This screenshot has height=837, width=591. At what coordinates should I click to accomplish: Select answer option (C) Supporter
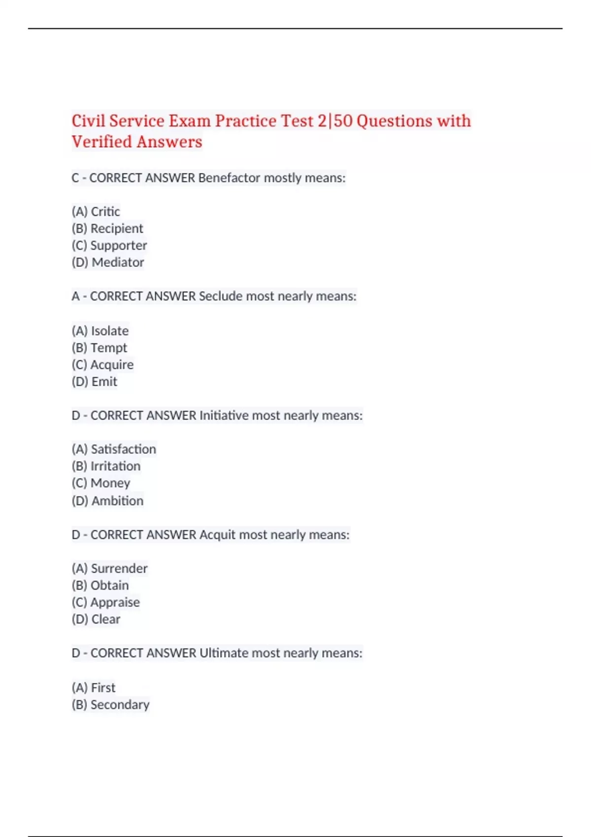(x=109, y=245)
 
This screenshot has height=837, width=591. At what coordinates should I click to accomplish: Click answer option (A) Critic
(x=96, y=212)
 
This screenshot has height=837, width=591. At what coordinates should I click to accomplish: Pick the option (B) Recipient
(x=107, y=228)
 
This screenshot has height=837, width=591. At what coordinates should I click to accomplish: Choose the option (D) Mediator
(x=108, y=262)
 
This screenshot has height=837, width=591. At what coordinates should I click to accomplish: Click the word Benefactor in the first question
(x=229, y=178)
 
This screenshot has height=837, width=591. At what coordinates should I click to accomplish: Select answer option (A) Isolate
(x=100, y=331)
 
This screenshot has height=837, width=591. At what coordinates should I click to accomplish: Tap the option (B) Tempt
(x=99, y=348)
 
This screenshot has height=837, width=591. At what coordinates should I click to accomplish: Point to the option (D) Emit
(x=95, y=382)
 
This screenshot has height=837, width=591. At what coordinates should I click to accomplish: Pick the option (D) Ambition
(x=108, y=501)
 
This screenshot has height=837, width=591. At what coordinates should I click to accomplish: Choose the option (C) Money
(x=101, y=483)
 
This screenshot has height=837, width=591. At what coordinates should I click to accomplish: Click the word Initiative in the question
(x=224, y=416)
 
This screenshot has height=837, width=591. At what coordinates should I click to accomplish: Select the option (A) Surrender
(x=110, y=569)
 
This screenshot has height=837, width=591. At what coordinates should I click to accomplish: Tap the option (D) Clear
(x=96, y=619)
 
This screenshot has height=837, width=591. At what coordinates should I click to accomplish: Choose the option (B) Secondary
(x=111, y=705)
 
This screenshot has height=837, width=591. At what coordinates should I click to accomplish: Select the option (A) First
(x=94, y=688)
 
